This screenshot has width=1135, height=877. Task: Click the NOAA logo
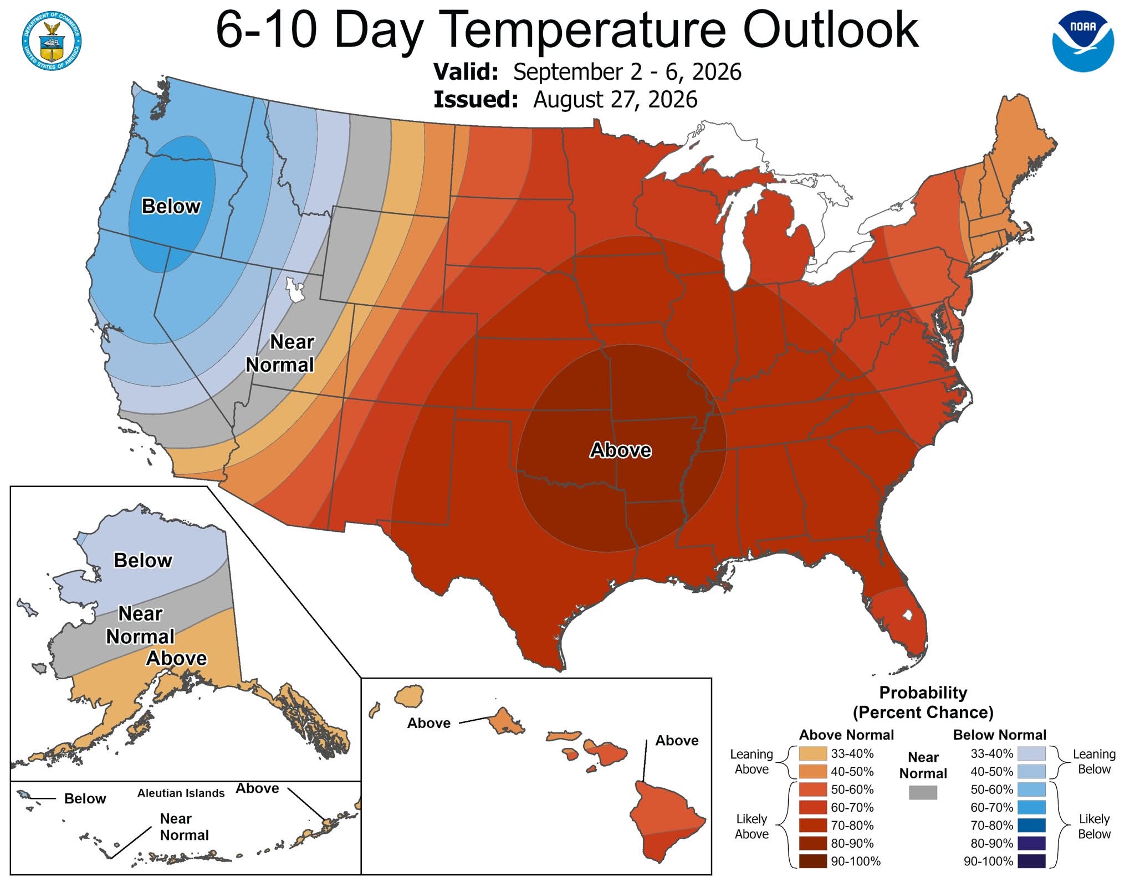point(1083,41)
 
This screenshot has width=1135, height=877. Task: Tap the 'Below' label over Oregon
point(171,206)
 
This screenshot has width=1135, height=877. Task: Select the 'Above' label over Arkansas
point(620,450)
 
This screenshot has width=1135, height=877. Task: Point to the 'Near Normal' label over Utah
point(280,353)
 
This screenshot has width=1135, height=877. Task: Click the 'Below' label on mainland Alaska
point(143,560)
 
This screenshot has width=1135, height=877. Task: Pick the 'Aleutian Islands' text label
point(181,793)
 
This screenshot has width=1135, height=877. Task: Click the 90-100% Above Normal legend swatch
point(813,861)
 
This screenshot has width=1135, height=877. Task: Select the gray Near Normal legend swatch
point(923,793)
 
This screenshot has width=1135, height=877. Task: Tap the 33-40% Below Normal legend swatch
point(1032,753)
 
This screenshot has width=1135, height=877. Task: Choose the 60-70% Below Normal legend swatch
point(1032,807)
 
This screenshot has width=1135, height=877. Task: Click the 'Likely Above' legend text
point(751,826)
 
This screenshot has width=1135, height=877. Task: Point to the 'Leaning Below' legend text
point(1094,761)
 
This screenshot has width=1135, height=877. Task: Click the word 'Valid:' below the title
point(466,72)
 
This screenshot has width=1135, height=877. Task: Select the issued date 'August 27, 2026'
point(615,100)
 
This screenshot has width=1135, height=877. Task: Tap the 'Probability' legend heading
point(923,693)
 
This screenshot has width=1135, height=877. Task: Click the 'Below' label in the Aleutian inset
point(85,798)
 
